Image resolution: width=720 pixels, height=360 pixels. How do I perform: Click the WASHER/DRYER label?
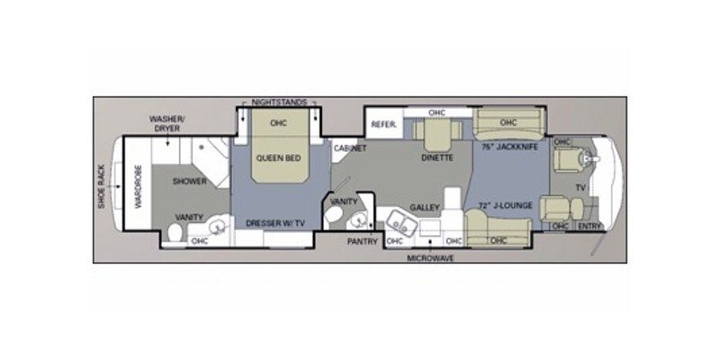coord(168,123)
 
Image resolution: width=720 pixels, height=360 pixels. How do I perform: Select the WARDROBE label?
coord(139,190)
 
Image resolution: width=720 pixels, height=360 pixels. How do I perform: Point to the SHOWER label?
coord(190,181)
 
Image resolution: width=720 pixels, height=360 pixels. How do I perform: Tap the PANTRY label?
coord(362,241)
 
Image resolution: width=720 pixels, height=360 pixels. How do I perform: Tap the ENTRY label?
coord(589,226)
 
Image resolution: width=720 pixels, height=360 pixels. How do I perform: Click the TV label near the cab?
coord(580,188)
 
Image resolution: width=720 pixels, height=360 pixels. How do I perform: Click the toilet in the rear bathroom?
coord(174,234)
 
